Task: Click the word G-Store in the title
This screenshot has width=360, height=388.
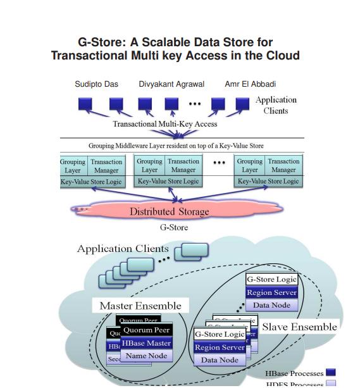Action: point(101,42)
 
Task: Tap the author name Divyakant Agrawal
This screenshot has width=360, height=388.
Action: point(171,84)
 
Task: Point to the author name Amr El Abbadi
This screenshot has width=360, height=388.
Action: point(250,84)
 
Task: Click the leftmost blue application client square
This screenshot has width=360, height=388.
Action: point(85,104)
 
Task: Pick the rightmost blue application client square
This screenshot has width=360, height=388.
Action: point(242,104)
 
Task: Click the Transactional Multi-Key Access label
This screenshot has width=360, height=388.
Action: point(165,124)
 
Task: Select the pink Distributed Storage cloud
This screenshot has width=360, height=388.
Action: point(169,211)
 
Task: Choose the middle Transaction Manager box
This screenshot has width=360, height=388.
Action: point(183,166)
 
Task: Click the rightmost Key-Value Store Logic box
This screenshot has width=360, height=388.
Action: point(268,181)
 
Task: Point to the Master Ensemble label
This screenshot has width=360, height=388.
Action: point(140,306)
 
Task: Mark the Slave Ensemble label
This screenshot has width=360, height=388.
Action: point(299,327)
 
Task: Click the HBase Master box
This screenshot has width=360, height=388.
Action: point(146,343)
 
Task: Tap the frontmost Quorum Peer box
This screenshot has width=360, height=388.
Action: point(146,330)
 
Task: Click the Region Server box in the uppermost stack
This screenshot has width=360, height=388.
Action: point(271,292)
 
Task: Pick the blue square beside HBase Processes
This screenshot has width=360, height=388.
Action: point(330,373)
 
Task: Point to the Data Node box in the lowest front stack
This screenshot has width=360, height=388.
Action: point(220,360)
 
